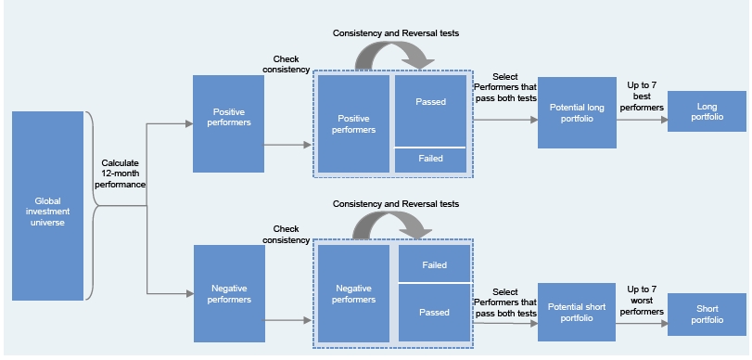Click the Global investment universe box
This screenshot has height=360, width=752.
47,206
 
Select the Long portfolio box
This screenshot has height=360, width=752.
707,111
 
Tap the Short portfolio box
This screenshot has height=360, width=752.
707,315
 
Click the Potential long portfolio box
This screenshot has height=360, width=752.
577,113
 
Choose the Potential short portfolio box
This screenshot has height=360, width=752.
577,312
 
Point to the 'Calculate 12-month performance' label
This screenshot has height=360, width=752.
120,174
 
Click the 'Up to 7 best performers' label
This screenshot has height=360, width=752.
642,96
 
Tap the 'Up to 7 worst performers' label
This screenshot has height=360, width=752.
642,301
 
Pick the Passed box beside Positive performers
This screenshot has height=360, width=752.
430,111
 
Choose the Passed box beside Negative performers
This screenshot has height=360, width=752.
434,313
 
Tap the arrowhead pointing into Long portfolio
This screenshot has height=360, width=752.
664,120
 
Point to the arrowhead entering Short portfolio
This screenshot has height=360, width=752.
664,324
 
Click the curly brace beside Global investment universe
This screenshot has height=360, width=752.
92,206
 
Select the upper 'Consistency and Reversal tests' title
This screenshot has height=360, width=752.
396,33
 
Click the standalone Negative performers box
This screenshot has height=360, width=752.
229,294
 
